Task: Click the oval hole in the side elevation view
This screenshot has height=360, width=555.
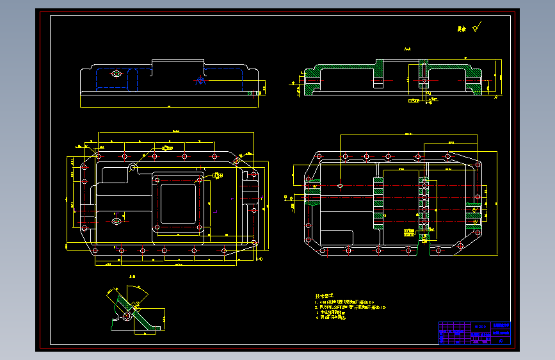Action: point(117,74)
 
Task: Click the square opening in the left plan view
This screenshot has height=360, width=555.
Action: point(181,203)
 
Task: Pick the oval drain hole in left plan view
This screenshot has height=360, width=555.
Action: point(117,222)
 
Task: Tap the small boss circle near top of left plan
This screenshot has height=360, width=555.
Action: point(132,168)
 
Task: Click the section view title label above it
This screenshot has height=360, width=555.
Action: point(407,49)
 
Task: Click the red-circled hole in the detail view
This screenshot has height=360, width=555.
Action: point(127,315)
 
